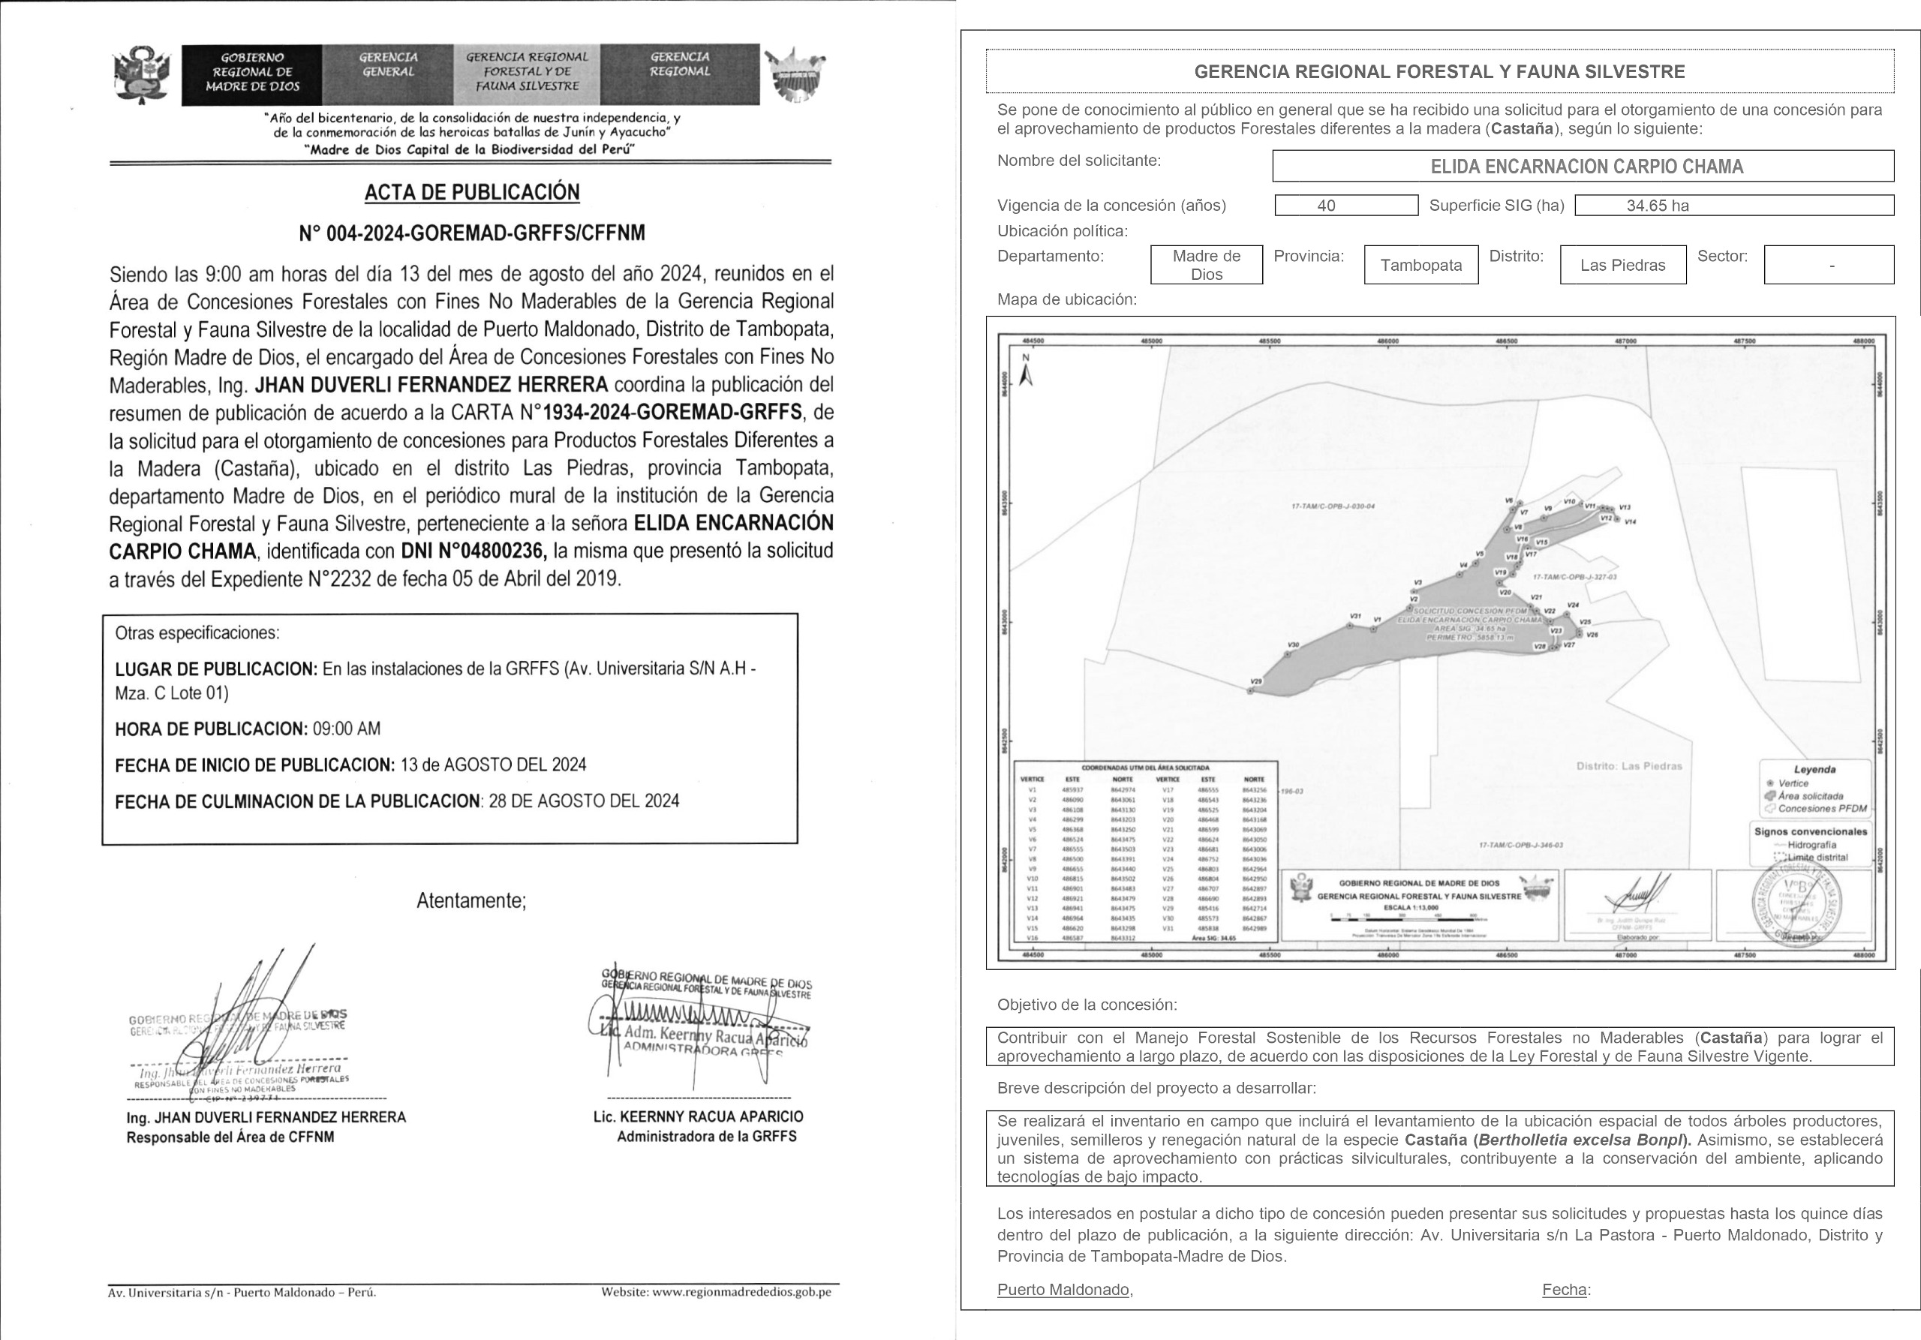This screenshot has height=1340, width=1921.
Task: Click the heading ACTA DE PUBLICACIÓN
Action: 472,192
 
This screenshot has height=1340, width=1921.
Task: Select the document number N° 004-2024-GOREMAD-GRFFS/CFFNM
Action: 472,233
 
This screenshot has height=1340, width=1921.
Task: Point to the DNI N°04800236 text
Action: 474,551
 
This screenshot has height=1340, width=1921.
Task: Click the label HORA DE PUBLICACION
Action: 212,729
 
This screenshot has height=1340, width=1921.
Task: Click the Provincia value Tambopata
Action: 1420,265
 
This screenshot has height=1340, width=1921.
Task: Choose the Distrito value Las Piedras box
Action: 1622,265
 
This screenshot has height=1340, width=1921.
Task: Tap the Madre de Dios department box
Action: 1206,265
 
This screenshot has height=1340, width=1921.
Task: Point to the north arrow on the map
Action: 1027,371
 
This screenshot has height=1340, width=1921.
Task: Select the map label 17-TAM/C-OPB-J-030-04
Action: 1333,506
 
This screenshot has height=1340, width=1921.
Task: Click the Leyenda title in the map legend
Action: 1814,770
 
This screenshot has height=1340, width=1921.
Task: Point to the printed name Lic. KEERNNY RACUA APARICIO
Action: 698,1116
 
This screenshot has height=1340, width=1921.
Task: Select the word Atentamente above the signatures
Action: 471,901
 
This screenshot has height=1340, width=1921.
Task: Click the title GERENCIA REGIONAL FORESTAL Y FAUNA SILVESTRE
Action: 1439,72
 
